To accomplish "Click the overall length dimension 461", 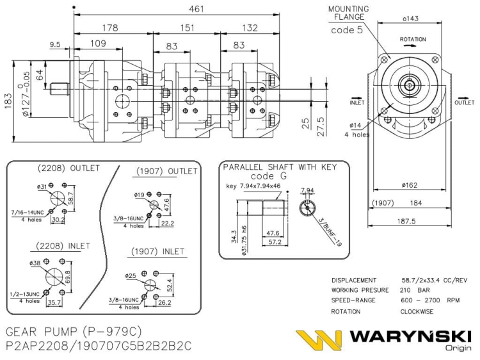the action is (196, 9).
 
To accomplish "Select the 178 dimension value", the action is (110, 28).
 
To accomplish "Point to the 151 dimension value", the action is (187, 28).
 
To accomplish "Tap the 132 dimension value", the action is (250, 28).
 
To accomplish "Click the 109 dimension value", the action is (98, 44).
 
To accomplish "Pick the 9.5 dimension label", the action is (55, 45).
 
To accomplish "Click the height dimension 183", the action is (8, 101).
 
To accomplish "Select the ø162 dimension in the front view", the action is (410, 185).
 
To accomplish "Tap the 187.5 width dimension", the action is (406, 221).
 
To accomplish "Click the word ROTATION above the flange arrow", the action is (413, 39).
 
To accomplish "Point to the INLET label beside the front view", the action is (357, 102).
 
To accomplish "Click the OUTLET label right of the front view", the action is (465, 102).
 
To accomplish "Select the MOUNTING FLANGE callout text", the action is (349, 13).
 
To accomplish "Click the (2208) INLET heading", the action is (63, 246).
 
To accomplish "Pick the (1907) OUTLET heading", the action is (166, 171).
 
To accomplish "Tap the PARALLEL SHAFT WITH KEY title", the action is (280, 167).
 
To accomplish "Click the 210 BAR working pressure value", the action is (415, 290).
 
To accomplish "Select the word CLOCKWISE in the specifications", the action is (417, 311).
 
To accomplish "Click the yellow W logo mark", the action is (319, 340).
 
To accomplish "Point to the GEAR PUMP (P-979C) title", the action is (74, 332).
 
